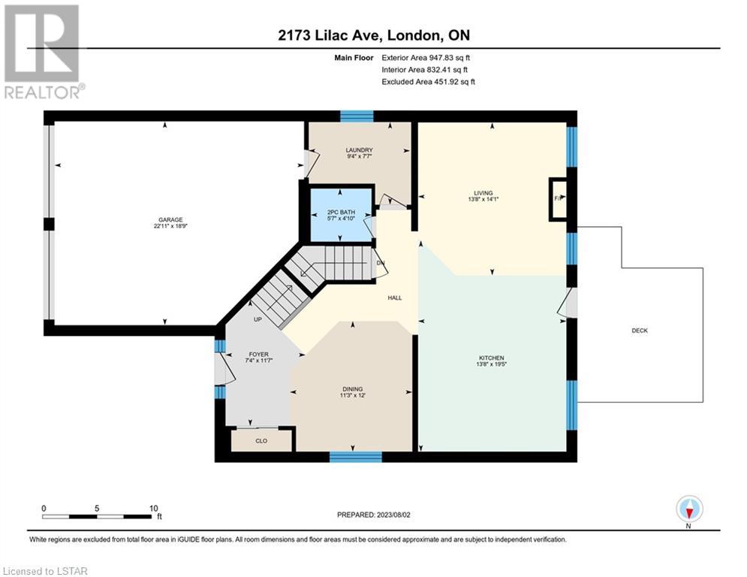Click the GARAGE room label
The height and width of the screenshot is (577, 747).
170,220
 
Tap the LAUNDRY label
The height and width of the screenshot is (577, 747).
359,150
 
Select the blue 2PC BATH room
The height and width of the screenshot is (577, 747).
340,215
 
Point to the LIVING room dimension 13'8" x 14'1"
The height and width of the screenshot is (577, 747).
483,199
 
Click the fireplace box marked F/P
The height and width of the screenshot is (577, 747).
559,199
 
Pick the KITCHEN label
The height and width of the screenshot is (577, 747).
491,358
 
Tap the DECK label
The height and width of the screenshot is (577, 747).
640,331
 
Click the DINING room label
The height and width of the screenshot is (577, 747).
353,389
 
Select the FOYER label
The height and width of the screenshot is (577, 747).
259,355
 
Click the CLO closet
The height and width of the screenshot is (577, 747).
261,440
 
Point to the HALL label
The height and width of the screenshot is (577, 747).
394,298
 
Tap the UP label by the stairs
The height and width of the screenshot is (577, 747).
258,319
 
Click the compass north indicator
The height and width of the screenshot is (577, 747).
689,509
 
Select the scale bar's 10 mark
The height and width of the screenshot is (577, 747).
153,509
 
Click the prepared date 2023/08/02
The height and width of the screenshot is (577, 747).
393,515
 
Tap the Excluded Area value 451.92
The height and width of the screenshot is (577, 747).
443,82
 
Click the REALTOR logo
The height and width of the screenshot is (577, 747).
43,52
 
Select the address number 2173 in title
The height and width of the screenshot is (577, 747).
294,35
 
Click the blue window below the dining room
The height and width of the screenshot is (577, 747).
355,457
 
